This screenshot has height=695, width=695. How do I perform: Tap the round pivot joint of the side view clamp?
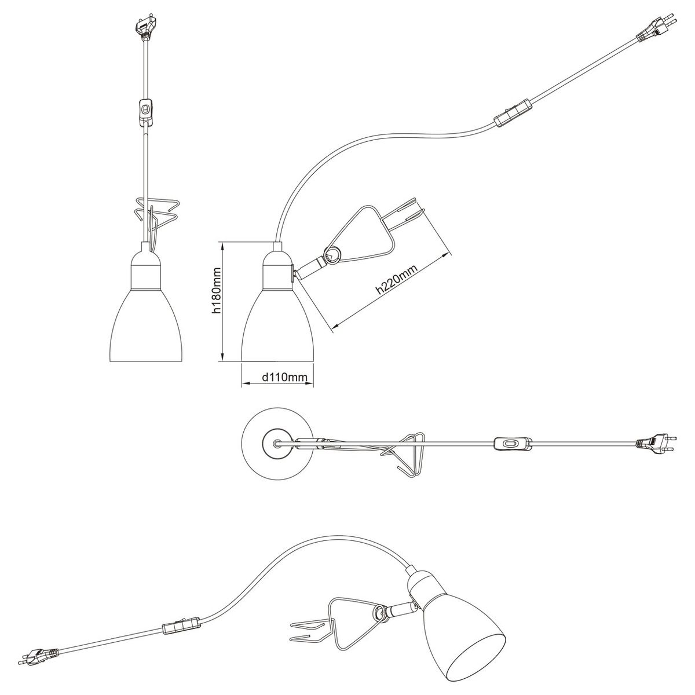pos(332,256)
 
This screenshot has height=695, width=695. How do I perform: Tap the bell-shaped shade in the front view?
pos(146,324)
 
